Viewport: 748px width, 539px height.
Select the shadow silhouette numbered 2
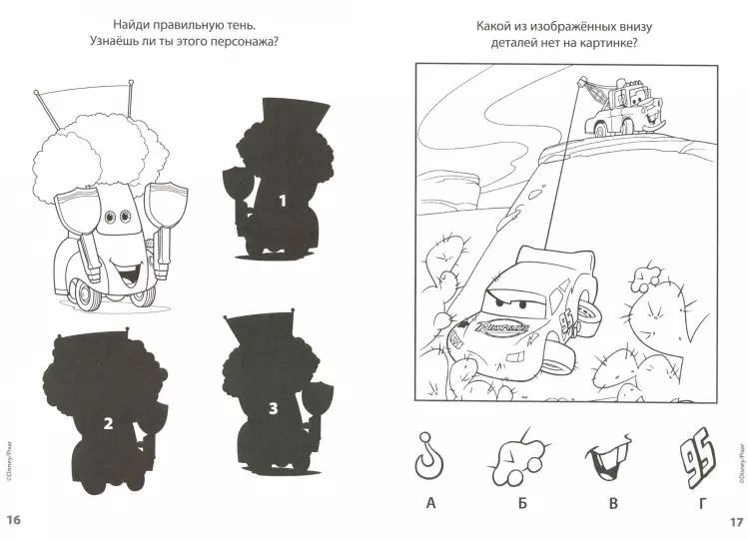click(x=106, y=411)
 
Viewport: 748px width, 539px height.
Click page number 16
click(x=13, y=519)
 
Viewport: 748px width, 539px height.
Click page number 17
click(x=736, y=521)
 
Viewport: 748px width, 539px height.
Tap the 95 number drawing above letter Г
click(x=697, y=457)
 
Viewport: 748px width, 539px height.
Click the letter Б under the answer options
click(x=523, y=503)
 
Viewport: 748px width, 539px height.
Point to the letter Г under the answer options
click(x=702, y=503)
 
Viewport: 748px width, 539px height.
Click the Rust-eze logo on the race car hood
click(x=501, y=328)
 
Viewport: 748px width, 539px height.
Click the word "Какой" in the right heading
click(x=492, y=26)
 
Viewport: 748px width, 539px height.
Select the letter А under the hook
click(x=431, y=503)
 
